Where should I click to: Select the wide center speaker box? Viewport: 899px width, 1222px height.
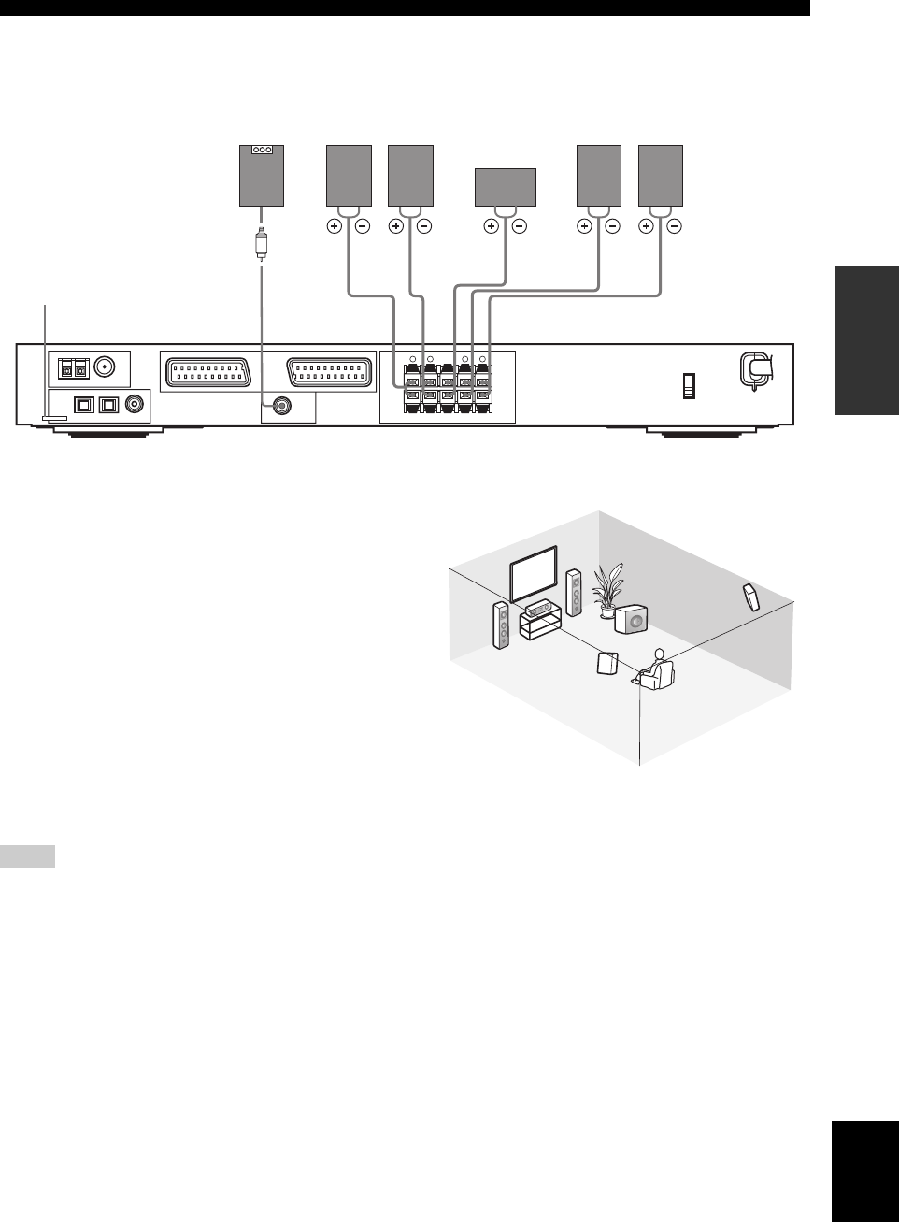click(x=506, y=187)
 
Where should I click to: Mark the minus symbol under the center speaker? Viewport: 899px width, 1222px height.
click(x=520, y=225)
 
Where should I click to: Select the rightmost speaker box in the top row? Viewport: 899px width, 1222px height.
click(x=660, y=175)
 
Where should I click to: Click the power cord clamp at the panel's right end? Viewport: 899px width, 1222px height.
click(x=755, y=368)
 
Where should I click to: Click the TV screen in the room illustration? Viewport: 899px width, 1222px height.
click(x=534, y=572)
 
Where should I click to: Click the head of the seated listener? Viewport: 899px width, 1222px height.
click(x=659, y=654)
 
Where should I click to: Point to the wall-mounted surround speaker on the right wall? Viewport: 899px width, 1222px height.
click(x=751, y=596)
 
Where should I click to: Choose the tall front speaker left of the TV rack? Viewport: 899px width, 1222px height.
click(x=502, y=626)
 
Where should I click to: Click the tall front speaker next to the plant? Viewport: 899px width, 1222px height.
click(x=575, y=592)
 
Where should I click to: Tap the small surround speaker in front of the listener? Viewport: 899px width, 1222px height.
click(x=608, y=663)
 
